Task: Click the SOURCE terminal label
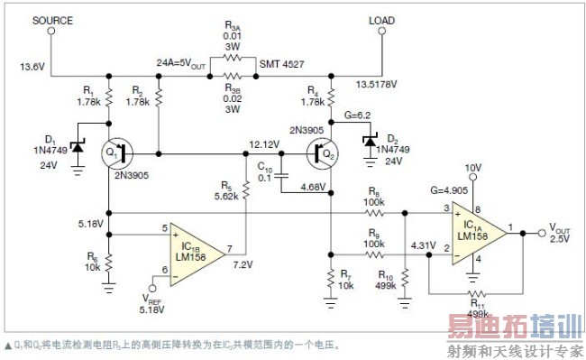point(51,21)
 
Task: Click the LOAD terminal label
point(381,20)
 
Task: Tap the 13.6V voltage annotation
point(31,65)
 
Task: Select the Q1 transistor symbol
point(115,152)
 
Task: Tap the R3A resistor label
point(233,28)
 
